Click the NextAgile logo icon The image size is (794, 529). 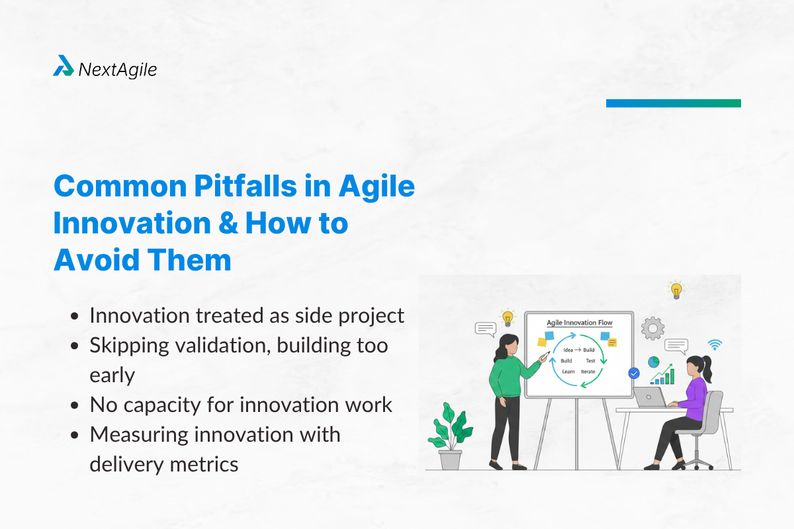click(x=64, y=66)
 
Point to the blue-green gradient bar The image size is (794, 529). click(x=673, y=103)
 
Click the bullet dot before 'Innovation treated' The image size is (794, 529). click(x=76, y=317)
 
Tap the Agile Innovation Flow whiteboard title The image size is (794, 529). click(x=579, y=323)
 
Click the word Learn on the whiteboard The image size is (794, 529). click(x=568, y=372)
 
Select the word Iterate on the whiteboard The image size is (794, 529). click(x=588, y=372)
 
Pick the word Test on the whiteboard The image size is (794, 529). click(x=590, y=361)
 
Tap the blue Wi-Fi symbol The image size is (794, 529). click(x=715, y=344)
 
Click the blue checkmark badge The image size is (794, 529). click(x=634, y=374)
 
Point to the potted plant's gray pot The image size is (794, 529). click(x=451, y=459)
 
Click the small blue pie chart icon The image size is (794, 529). click(x=653, y=362)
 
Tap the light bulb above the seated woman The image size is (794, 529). click(x=676, y=290)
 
